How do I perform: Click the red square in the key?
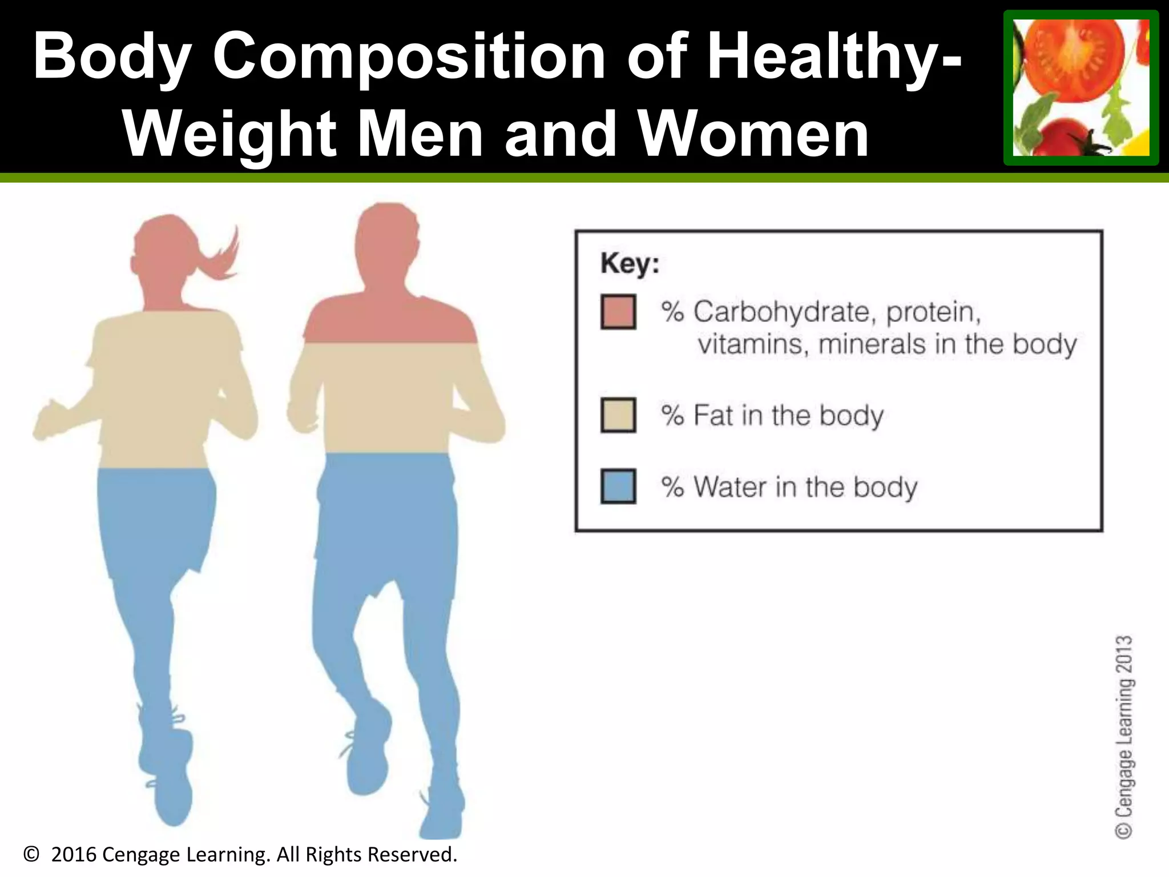[x=618, y=312]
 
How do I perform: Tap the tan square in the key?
[x=618, y=415]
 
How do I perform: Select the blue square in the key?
[x=618, y=486]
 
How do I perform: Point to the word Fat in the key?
[x=713, y=415]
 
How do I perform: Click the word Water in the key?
[x=730, y=487]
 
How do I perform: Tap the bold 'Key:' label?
[x=630, y=264]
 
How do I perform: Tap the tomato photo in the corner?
[x=1081, y=87]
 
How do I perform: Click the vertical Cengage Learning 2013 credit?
[x=1124, y=737]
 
